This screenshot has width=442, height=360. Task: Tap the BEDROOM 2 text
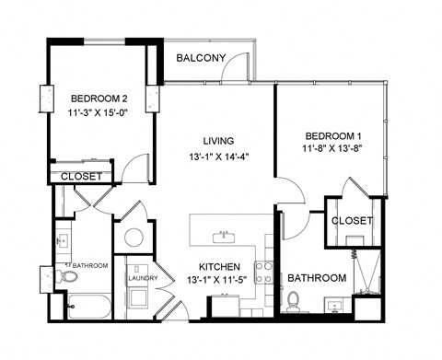pyautogui.click(x=98, y=99)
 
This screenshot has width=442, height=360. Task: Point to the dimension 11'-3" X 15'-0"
pyautogui.click(x=98, y=115)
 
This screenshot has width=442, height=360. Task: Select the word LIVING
pyautogui.click(x=219, y=141)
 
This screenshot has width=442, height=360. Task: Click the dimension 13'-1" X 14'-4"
pyautogui.click(x=218, y=157)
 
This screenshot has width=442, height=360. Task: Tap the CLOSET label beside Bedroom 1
pyautogui.click(x=351, y=221)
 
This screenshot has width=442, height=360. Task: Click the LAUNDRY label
pyautogui.click(x=143, y=278)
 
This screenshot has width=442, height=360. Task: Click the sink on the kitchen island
pyautogui.click(x=221, y=237)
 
